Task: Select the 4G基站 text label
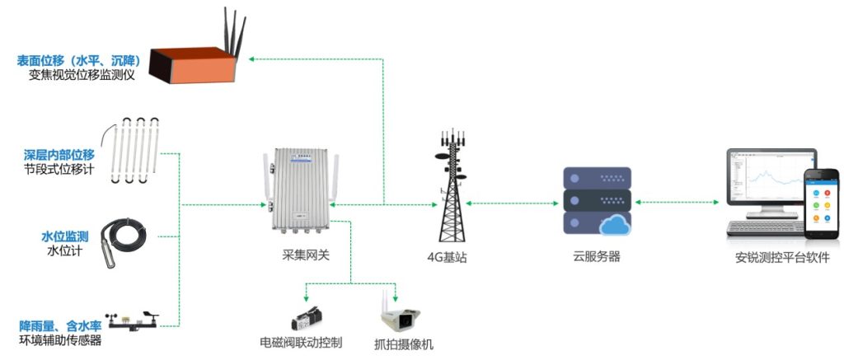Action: pos(448,257)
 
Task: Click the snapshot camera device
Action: pos(399,316)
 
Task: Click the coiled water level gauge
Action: pos(125,240)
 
